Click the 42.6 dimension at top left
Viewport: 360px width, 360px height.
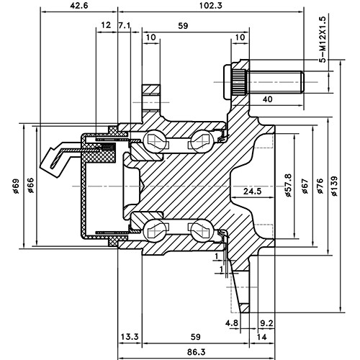click(79, 6)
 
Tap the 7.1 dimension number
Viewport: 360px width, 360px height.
click(124, 25)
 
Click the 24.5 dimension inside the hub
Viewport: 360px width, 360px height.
click(251, 192)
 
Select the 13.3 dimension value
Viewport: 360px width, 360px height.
click(130, 336)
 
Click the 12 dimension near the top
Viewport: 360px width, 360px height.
click(107, 25)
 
